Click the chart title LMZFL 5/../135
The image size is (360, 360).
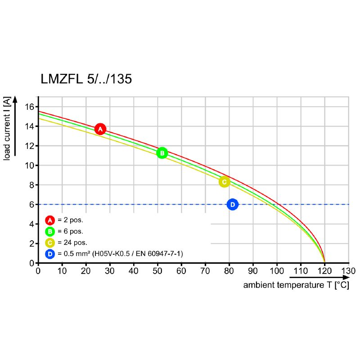86,80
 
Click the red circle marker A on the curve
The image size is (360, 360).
100,129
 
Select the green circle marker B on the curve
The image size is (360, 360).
162,153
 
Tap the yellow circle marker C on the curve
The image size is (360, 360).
224,182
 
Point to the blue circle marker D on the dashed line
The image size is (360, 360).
232,205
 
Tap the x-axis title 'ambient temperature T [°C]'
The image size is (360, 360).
296,285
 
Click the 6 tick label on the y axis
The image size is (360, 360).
32,204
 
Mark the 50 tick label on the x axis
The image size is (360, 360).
157,271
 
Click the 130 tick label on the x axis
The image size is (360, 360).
348,271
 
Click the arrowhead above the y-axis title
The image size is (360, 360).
15,99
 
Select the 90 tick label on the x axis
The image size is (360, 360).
253,271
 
